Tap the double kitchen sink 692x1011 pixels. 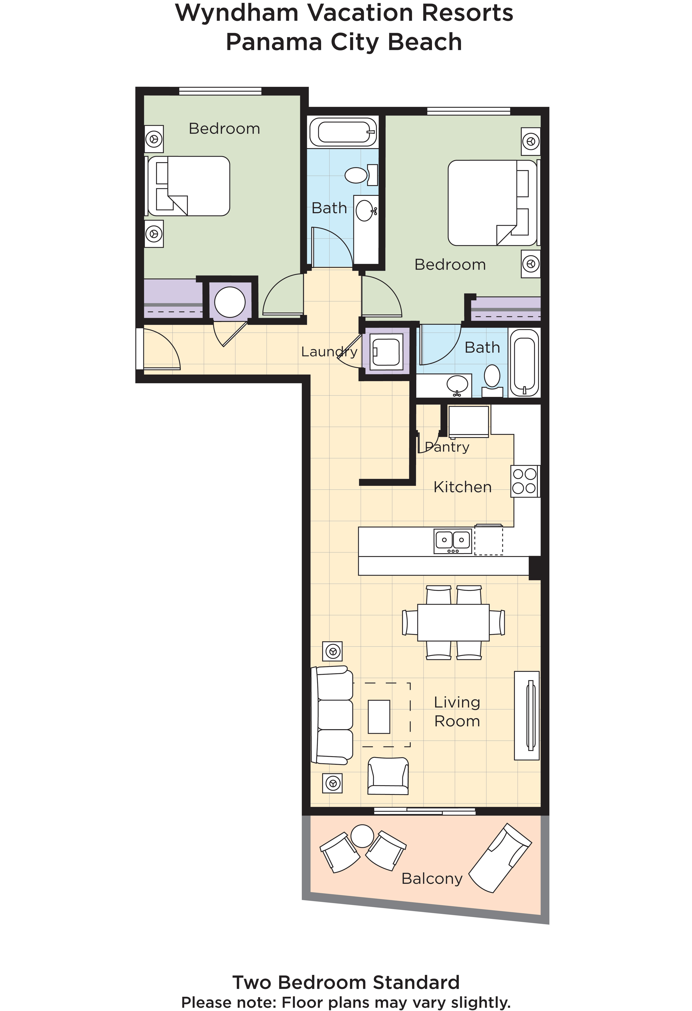point(453,541)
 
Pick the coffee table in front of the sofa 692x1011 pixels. point(379,716)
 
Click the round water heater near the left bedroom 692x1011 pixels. point(230,302)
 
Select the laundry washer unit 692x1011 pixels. point(386,352)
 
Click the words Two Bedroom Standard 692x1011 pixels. point(346,982)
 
